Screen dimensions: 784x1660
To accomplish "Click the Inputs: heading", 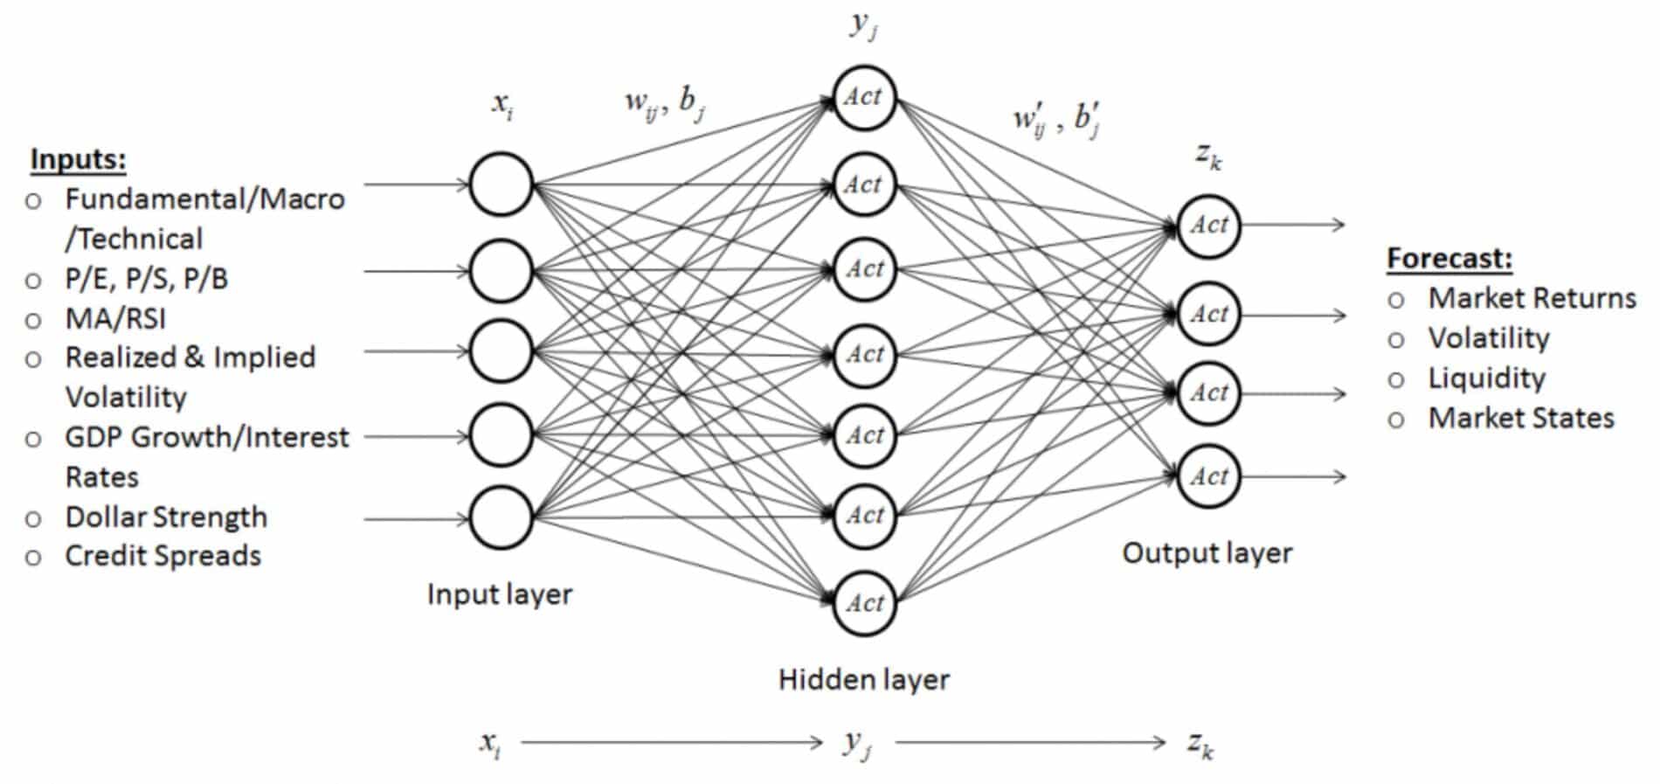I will (x=78, y=159).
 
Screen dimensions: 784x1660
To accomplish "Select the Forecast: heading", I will (x=1449, y=258).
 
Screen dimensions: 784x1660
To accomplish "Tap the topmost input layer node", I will (x=501, y=184).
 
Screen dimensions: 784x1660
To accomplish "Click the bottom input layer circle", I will (x=501, y=518).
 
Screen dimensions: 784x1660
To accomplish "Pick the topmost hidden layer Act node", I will (x=864, y=97).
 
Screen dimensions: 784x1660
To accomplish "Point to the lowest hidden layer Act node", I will (x=864, y=603).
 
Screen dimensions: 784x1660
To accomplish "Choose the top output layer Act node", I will (x=1208, y=225).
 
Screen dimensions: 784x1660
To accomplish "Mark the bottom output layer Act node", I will (x=1208, y=476).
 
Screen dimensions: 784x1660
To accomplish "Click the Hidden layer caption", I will (x=863, y=679).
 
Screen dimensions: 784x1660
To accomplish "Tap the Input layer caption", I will (x=499, y=594).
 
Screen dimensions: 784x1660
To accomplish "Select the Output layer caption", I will (x=1207, y=553).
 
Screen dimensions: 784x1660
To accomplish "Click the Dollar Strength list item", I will (x=166, y=517).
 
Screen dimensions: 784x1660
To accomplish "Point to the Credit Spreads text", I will (x=163, y=556).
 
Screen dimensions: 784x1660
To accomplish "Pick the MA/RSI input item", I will (x=115, y=318).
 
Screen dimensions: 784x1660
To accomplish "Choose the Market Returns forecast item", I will (x=1532, y=298).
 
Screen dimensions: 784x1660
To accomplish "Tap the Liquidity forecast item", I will (x=1486, y=378).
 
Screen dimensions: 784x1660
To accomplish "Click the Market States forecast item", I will (x=1520, y=418).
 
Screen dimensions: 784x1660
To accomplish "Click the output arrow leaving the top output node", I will (x=1293, y=225).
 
